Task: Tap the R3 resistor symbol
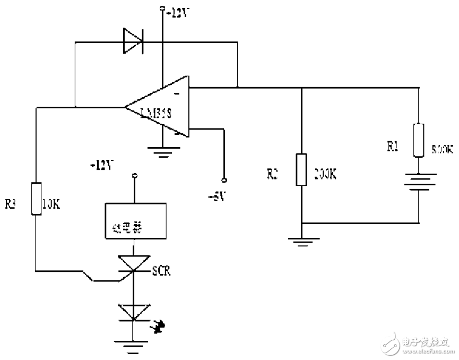point(36,199)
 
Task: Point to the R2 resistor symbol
point(301,169)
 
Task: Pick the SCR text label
point(161,271)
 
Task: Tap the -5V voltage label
point(217,197)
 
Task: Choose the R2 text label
point(272,173)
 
